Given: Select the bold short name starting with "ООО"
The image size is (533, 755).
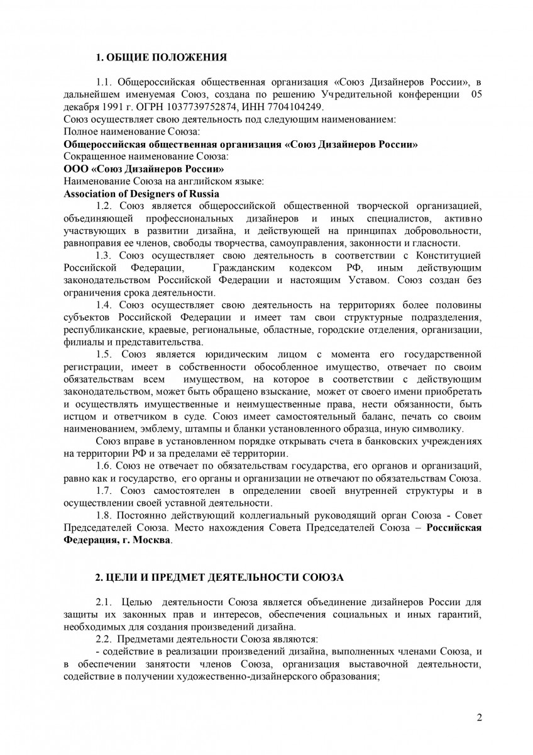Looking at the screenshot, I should [x=143, y=170].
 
